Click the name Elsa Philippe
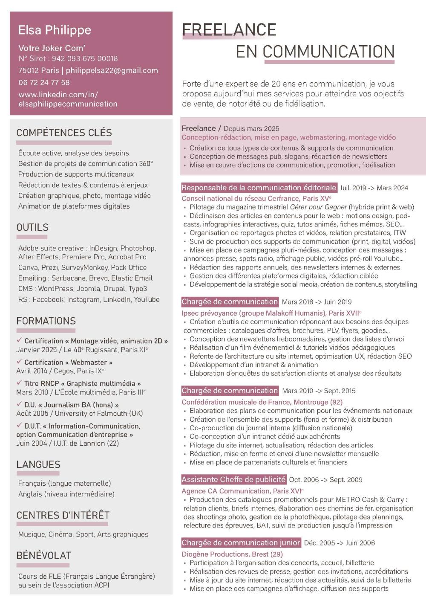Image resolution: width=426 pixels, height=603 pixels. click(55, 30)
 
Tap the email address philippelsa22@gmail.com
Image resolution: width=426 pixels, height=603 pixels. click(112, 70)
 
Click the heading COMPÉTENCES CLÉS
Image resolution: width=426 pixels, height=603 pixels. click(64, 133)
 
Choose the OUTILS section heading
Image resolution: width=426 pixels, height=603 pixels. click(32, 227)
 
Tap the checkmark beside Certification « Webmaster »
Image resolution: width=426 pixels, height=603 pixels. click(19, 362)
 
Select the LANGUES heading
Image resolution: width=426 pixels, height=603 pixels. click(38, 464)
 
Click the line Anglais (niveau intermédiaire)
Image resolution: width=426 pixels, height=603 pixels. click(66, 494)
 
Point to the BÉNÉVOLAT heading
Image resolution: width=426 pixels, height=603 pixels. click(43, 555)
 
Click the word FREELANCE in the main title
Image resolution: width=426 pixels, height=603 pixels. click(229, 30)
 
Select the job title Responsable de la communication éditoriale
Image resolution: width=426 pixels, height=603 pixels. click(259, 188)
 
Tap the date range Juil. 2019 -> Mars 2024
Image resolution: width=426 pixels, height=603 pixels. click(374, 188)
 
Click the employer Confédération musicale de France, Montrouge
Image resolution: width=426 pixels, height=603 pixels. click(262, 402)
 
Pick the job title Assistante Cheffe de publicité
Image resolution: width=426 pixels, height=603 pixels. click(233, 479)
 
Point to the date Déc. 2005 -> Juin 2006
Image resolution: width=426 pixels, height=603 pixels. click(340, 543)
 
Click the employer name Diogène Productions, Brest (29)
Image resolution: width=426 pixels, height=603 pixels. click(232, 554)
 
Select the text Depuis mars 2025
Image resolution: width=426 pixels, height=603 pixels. click(251, 128)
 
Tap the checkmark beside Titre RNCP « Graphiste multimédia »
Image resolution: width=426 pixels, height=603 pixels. click(19, 383)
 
